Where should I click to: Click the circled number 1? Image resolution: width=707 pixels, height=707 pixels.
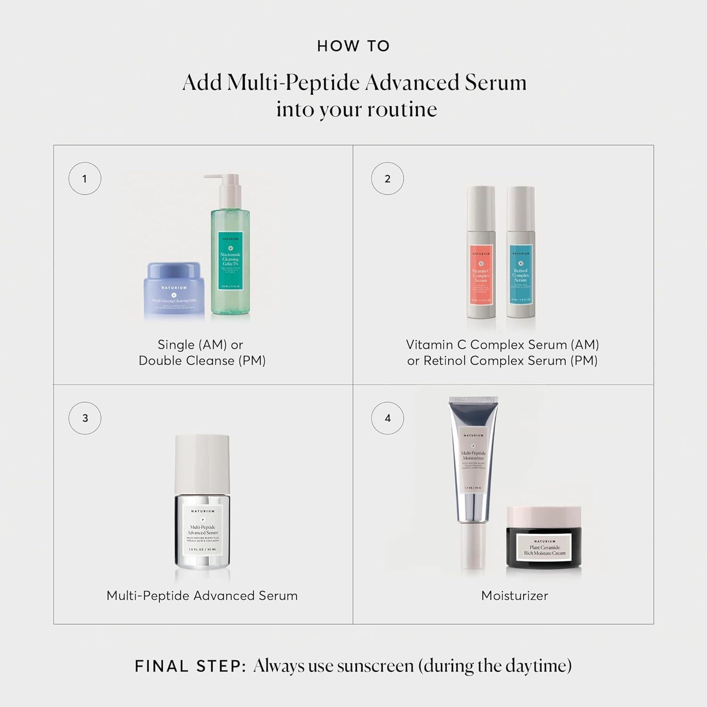(85, 179)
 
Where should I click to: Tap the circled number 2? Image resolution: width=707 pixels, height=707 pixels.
(387, 179)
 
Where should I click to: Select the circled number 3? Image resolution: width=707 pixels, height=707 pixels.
(85, 418)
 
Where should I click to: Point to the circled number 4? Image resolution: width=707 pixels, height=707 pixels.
(387, 418)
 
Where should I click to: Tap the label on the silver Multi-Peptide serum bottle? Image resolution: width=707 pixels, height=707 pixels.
(203, 530)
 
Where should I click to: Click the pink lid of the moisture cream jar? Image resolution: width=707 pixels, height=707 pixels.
(544, 516)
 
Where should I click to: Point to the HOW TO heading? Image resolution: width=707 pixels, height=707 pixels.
(353, 46)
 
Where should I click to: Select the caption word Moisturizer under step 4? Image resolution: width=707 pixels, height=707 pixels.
(514, 596)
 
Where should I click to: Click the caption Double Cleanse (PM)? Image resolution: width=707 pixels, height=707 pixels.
(202, 361)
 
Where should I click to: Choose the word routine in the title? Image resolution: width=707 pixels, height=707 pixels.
(402, 109)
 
